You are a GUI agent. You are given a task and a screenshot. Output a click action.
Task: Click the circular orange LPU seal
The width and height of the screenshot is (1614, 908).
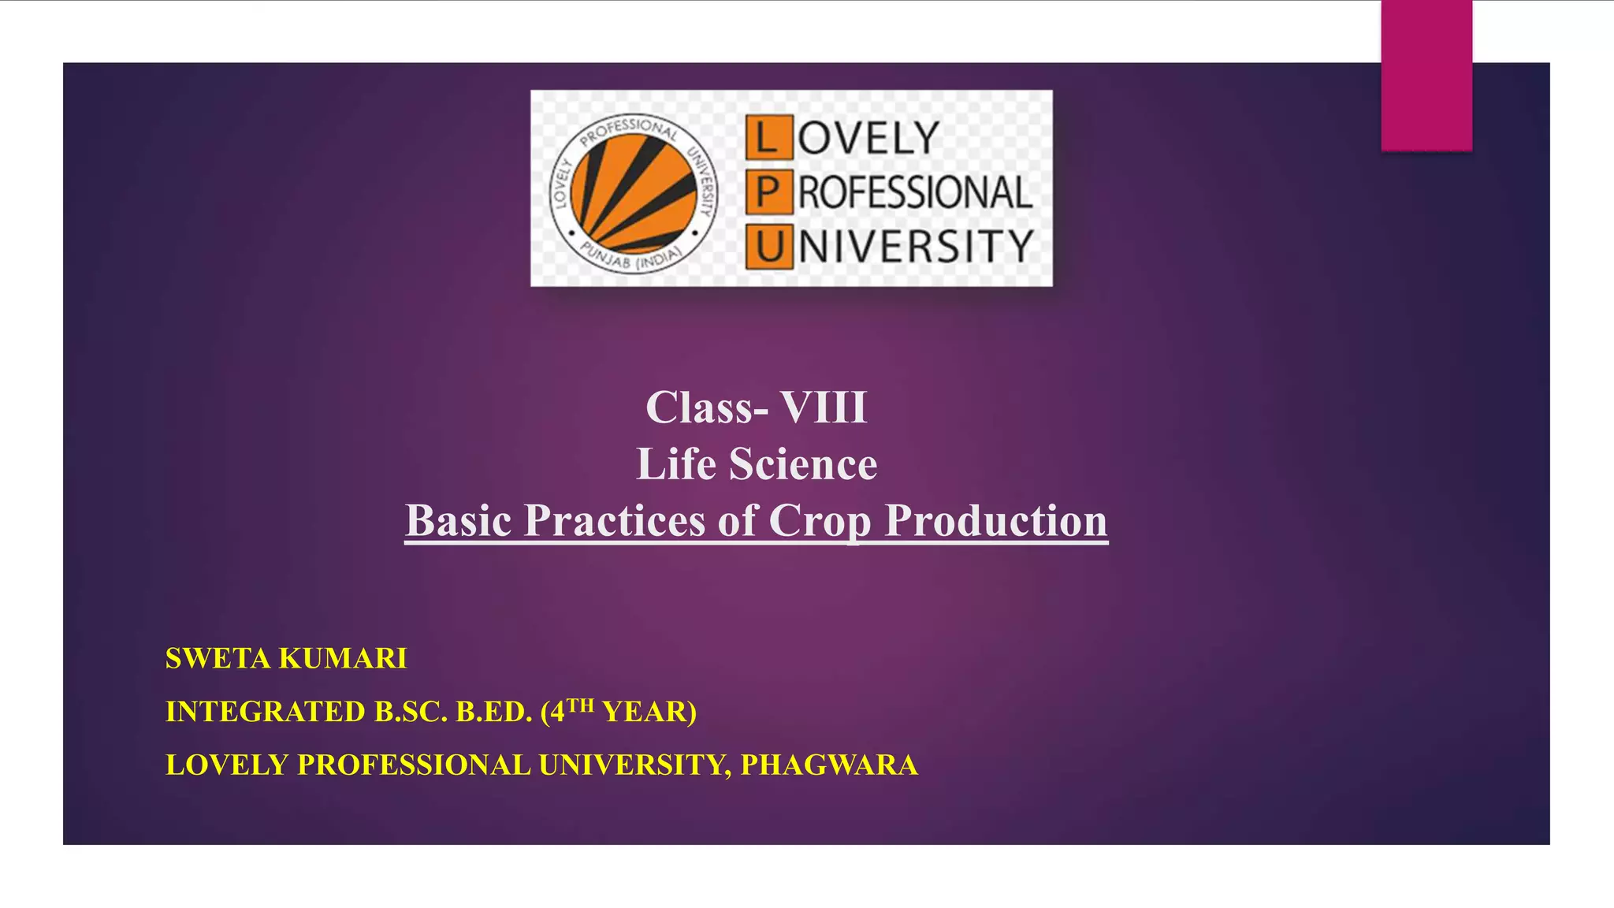[x=634, y=192]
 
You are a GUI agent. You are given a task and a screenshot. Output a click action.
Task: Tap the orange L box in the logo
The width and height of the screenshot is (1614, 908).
[x=768, y=137]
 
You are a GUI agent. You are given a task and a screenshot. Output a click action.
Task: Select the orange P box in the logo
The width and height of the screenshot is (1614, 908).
[x=768, y=192]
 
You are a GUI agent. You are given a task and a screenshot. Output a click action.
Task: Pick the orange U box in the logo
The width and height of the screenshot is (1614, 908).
[x=768, y=246]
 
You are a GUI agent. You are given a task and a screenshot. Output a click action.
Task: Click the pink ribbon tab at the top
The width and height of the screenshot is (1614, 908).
[x=1426, y=76]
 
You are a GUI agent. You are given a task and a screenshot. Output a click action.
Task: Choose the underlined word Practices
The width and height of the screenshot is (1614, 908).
[x=615, y=520]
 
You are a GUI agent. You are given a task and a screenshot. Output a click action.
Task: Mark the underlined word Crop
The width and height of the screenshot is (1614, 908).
[x=820, y=520]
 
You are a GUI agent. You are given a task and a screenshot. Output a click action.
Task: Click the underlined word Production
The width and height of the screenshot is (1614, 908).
[x=995, y=520]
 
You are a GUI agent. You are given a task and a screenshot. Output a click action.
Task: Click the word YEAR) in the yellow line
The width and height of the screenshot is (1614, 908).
[x=649, y=712]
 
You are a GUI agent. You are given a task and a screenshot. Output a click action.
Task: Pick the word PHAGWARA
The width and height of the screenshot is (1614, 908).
[x=829, y=765]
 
